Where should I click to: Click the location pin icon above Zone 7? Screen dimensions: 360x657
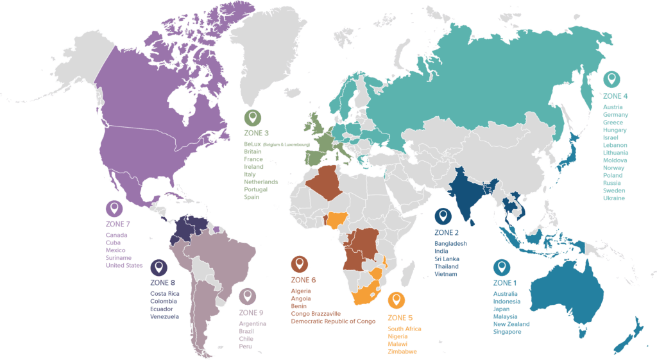(115, 209)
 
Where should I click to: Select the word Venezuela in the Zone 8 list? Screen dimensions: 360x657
(166, 316)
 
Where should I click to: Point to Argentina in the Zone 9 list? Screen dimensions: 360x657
(252, 323)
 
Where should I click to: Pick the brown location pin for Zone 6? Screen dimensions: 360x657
(299, 264)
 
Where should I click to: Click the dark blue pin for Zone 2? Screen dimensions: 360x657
(443, 216)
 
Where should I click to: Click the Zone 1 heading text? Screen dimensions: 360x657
(505, 282)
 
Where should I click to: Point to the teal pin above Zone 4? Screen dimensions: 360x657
(613, 80)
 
